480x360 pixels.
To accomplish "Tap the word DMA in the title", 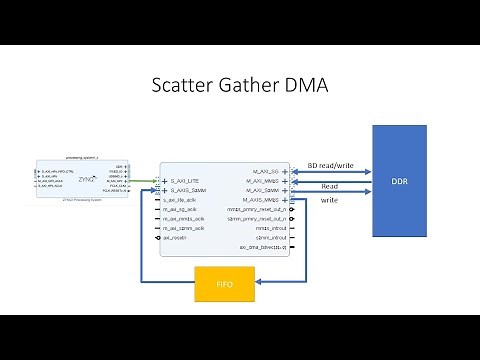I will pos(308,87).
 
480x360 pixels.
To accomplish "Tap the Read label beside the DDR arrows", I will pos(330,185).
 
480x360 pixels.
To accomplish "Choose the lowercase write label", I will pos(328,201).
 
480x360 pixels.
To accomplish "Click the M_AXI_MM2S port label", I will pos(262,181).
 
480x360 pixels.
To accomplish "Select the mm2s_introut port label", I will pos(266,228).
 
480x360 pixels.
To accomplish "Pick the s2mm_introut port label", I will pos(266,237).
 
